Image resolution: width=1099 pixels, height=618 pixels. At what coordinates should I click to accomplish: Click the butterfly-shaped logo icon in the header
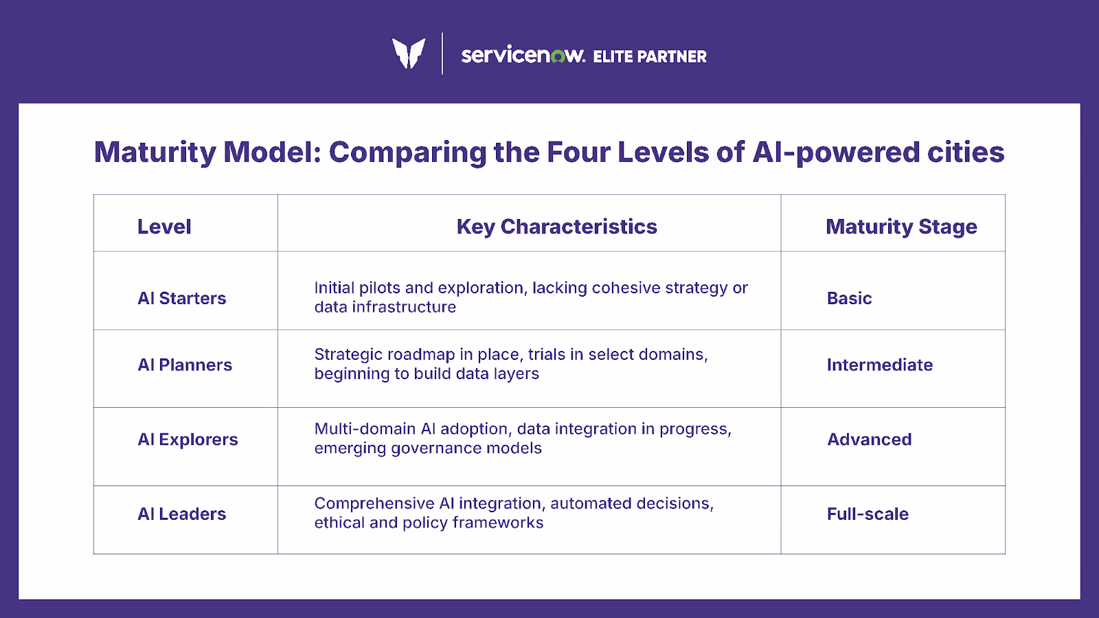409,53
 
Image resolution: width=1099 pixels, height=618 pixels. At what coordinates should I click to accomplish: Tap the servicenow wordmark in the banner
523,55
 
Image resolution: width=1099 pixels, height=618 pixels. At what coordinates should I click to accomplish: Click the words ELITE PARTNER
650,57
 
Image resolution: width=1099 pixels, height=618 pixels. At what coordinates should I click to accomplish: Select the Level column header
164,227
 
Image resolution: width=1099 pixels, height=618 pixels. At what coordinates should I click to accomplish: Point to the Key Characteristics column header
556,227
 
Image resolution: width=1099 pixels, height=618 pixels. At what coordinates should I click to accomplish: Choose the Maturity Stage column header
901,227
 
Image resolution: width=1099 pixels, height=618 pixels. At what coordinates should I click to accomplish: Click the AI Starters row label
182,298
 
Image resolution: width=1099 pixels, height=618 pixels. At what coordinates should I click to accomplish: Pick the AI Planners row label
185,365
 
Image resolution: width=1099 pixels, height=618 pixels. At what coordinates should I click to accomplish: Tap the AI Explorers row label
188,439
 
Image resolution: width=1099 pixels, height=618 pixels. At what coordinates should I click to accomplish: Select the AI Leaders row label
182,514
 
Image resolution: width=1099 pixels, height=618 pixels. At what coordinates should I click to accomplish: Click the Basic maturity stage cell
849,298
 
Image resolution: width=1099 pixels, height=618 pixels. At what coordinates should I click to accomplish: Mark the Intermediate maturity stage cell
880,365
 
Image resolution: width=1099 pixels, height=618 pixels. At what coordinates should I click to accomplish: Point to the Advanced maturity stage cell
870,439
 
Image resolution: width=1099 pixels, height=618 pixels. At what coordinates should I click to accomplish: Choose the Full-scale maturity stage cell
868,514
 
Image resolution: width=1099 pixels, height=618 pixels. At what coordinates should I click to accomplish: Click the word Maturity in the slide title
155,152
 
